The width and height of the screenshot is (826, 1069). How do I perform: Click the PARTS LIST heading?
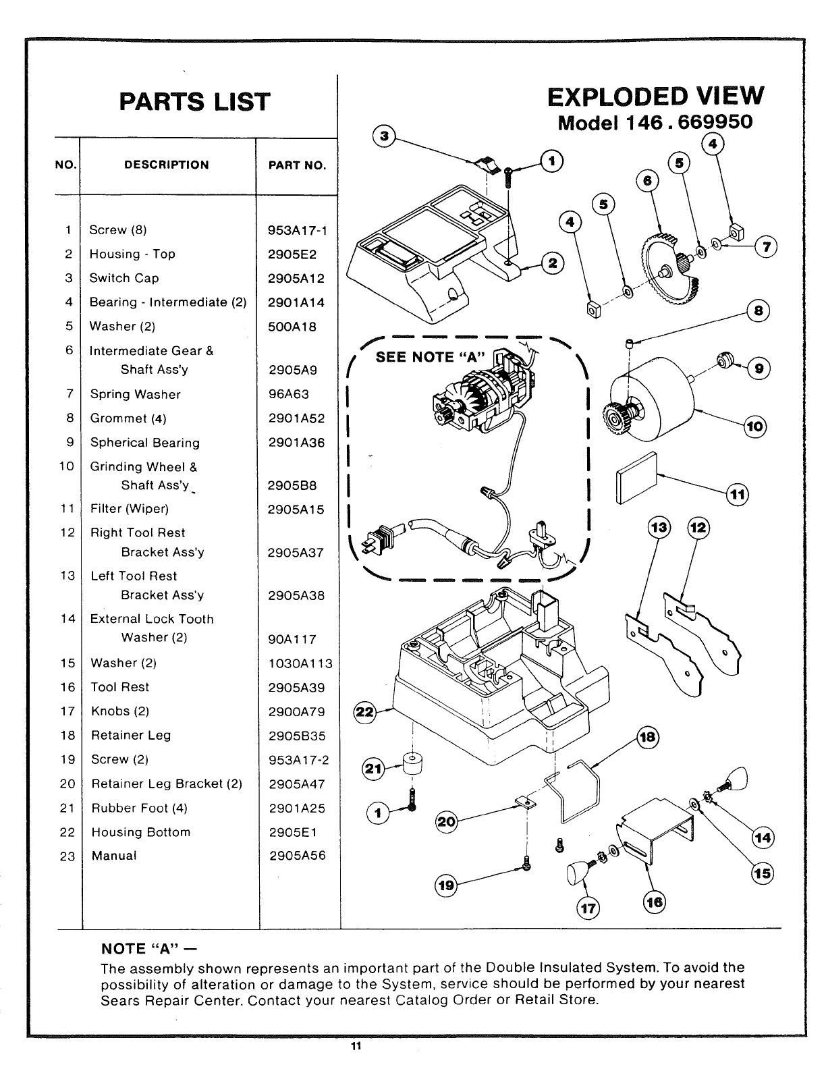194,101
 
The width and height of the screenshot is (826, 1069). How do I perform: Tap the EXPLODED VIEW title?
656,97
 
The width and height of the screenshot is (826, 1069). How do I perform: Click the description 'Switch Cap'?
124,278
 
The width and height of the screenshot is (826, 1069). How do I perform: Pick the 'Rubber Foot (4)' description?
139,808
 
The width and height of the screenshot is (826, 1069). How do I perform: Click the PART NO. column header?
297,165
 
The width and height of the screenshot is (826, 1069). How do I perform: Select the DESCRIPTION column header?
166,165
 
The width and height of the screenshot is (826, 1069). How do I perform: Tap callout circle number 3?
384,136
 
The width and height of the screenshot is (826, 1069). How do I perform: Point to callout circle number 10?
754,426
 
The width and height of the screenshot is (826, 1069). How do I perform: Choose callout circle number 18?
647,738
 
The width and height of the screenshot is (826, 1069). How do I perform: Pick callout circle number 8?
759,311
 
